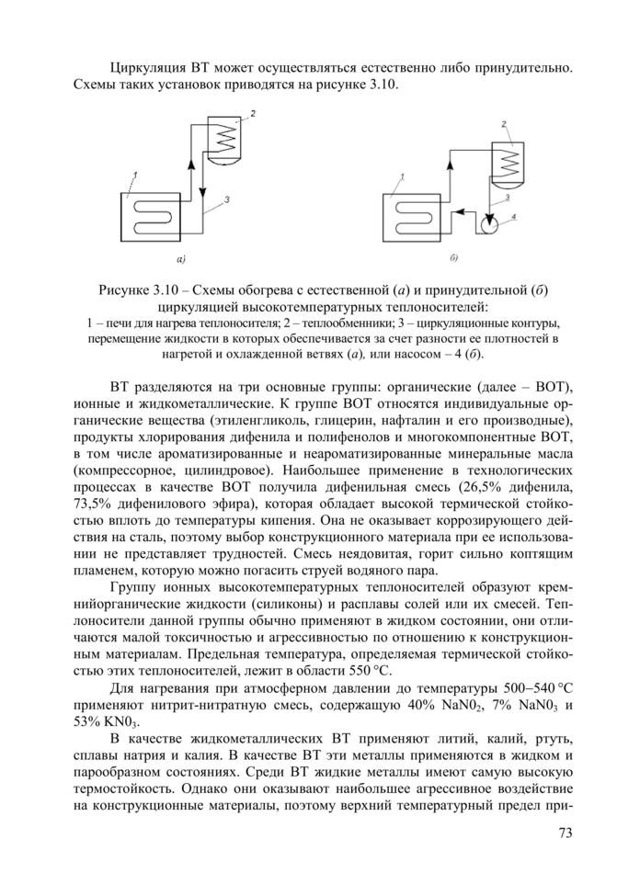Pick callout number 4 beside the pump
click(x=514, y=217)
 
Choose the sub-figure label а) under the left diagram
click(x=181, y=258)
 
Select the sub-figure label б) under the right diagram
click(x=454, y=256)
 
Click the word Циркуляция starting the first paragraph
click(x=148, y=67)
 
